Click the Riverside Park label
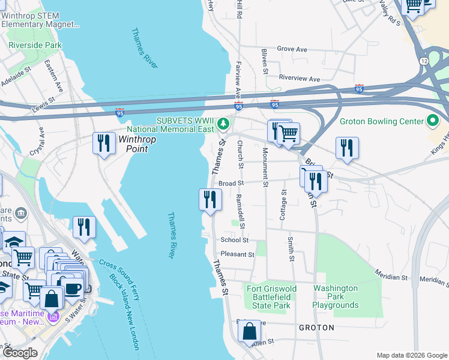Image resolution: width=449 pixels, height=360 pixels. (x=35, y=45)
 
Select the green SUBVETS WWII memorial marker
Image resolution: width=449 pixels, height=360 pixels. (x=223, y=123)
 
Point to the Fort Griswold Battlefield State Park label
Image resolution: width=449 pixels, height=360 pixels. (x=272, y=297)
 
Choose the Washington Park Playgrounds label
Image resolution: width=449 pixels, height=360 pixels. (x=336, y=297)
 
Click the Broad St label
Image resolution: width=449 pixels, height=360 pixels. (x=230, y=184)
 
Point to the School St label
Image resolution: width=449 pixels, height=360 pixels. (x=234, y=239)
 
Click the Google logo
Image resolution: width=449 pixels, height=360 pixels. (x=20, y=353)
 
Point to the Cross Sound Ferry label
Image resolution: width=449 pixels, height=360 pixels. (x=115, y=275)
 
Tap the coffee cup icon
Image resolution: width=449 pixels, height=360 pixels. (x=73, y=288)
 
